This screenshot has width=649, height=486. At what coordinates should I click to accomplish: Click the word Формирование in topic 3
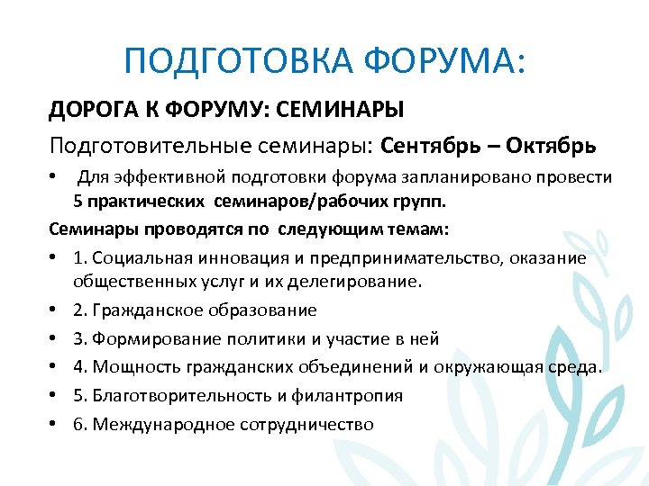coord(153,338)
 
